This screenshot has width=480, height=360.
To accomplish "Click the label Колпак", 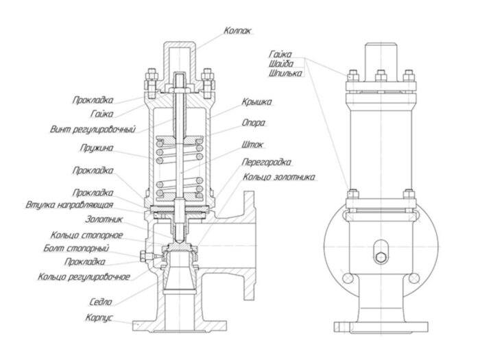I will tap(237, 30).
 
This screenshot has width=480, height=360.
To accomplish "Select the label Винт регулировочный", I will tap(93, 128).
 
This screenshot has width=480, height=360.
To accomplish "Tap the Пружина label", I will tap(97, 147).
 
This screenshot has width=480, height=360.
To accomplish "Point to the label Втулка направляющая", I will tap(80, 204).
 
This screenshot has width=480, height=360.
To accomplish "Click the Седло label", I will tap(101, 301).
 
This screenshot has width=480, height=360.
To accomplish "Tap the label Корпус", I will tap(99, 319).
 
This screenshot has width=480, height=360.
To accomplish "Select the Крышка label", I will tap(256, 101).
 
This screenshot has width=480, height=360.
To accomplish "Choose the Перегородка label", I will tap(267, 163).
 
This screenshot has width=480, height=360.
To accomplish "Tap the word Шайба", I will tap(283, 63).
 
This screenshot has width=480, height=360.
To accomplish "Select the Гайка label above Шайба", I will tap(282, 53).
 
